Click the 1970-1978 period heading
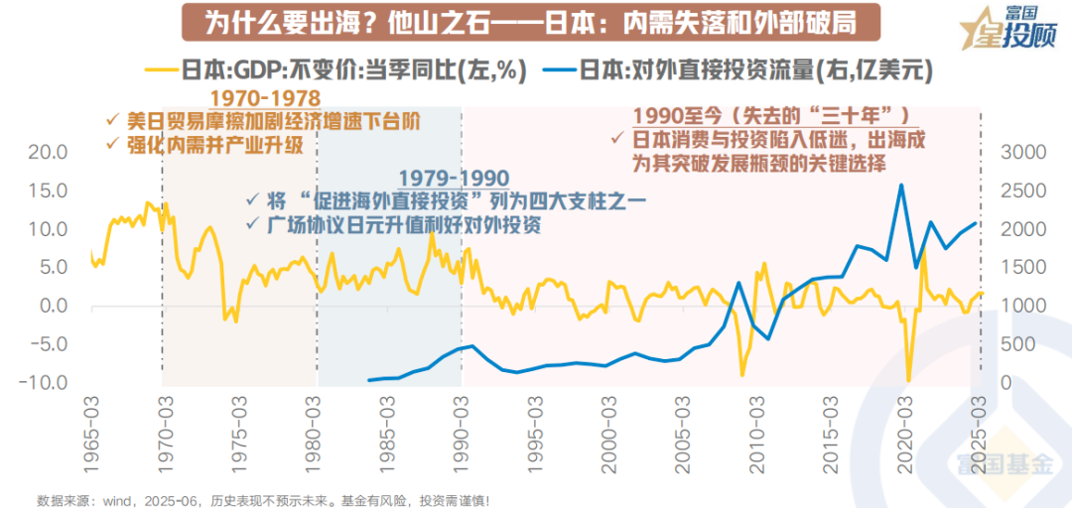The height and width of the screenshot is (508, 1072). (x=266, y=98)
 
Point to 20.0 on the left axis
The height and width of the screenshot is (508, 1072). (x=47, y=152)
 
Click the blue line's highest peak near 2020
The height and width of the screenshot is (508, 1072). (x=901, y=185)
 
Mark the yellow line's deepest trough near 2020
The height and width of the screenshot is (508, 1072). (x=908, y=380)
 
